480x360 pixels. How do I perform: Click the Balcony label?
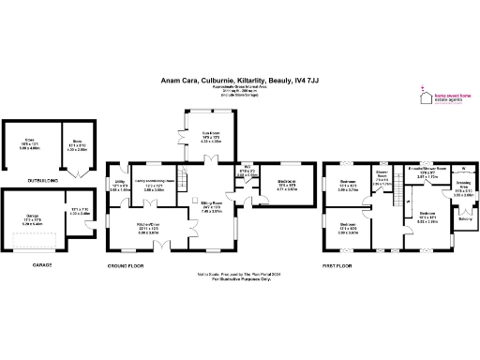[465, 221]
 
